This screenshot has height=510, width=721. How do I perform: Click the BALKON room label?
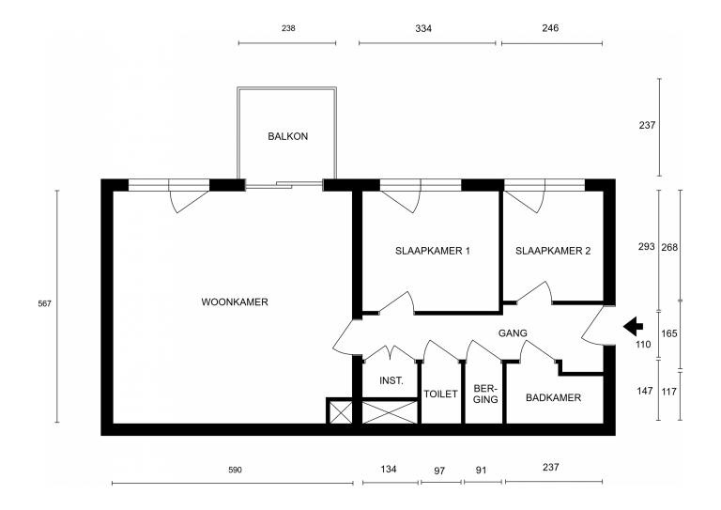pyautogui.click(x=288, y=136)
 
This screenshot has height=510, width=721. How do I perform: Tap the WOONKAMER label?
pyautogui.click(x=235, y=302)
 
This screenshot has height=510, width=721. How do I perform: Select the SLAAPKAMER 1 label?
pyautogui.click(x=432, y=251)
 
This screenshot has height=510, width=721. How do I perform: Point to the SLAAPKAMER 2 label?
pyautogui.click(x=553, y=251)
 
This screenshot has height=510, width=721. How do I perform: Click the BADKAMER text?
pyautogui.click(x=553, y=398)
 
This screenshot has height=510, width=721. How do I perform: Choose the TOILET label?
pyautogui.click(x=440, y=394)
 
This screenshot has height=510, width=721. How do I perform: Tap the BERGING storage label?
pyautogui.click(x=485, y=394)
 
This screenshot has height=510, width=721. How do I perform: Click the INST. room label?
pyautogui.click(x=391, y=380)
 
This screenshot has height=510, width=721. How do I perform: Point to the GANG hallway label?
pyautogui.click(x=513, y=332)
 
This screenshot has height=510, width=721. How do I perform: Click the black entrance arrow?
pyautogui.click(x=633, y=327)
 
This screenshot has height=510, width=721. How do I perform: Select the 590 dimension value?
pyautogui.click(x=235, y=470)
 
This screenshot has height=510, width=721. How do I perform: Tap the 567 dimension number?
pyautogui.click(x=45, y=303)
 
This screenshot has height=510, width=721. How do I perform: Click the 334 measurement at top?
pyautogui.click(x=423, y=28)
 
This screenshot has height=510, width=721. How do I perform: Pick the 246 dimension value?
pyautogui.click(x=550, y=28)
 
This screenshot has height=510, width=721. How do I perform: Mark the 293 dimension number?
pyautogui.click(x=646, y=246)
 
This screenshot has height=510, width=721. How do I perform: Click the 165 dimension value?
pyautogui.click(x=669, y=333)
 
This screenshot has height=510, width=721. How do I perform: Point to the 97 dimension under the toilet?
pyautogui.click(x=439, y=471)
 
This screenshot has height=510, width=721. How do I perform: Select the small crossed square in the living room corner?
pyautogui.click(x=339, y=411)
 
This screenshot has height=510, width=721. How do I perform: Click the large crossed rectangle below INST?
pyautogui.click(x=390, y=411)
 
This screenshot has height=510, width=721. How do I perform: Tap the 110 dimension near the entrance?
pyautogui.click(x=643, y=344)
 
